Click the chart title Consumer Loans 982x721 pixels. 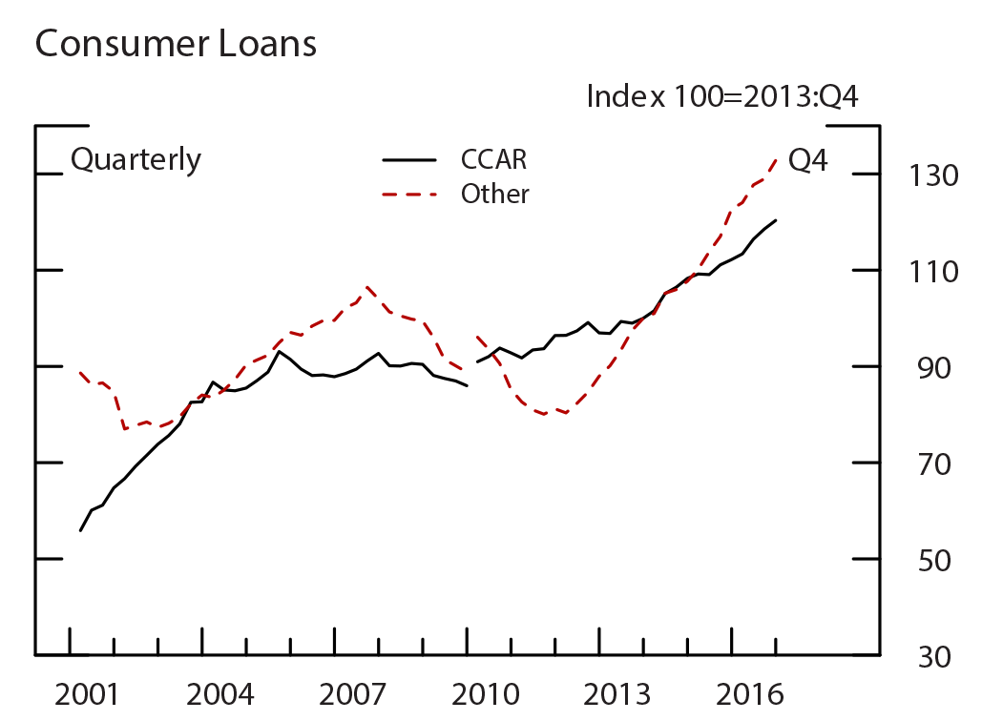point(176,44)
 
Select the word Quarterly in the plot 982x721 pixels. point(136,159)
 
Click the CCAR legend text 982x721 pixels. point(493,160)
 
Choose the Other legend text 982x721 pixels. point(494,194)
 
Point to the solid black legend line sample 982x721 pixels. point(408,160)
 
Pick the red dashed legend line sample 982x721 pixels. point(408,194)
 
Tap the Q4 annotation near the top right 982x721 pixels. point(807,160)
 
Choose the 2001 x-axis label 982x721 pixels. point(87,694)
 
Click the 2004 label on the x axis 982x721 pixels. point(220,694)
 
